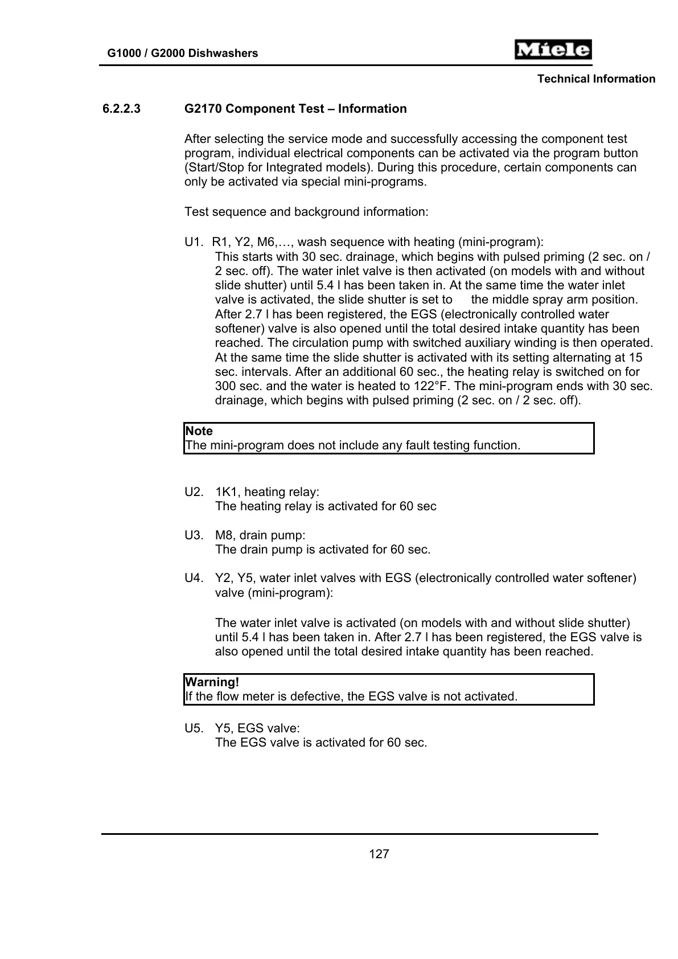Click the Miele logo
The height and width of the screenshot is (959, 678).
pyautogui.click(x=553, y=50)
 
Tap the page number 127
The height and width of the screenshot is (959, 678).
pyautogui.click(x=379, y=854)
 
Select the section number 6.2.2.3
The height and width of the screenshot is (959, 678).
pyautogui.click(x=121, y=109)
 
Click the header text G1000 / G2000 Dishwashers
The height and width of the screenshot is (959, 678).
pyautogui.click(x=182, y=54)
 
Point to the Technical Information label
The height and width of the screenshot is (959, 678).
pyautogui.click(x=596, y=79)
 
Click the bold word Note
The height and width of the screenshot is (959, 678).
pyautogui.click(x=199, y=431)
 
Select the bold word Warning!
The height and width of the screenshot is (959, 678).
pyautogui.click(x=212, y=682)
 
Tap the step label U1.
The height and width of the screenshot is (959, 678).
pyautogui.click(x=194, y=242)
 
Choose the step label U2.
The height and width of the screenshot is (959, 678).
pyautogui.click(x=194, y=492)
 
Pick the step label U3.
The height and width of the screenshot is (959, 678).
pyautogui.click(x=194, y=535)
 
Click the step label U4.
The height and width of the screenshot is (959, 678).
pyautogui.click(x=194, y=578)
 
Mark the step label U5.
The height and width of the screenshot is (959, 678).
pyautogui.click(x=194, y=728)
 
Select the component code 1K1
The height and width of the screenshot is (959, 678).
pyautogui.click(x=226, y=492)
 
